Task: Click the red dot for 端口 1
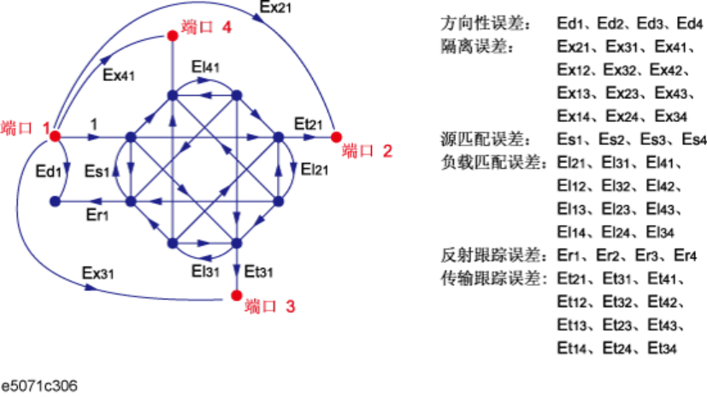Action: point(54,136)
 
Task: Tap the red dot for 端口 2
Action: point(335,136)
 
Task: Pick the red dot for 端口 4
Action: point(172,35)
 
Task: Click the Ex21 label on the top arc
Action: point(279,9)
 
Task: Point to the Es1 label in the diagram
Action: point(97,171)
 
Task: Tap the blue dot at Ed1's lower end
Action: point(54,201)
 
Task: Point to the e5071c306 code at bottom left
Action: point(40,386)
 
